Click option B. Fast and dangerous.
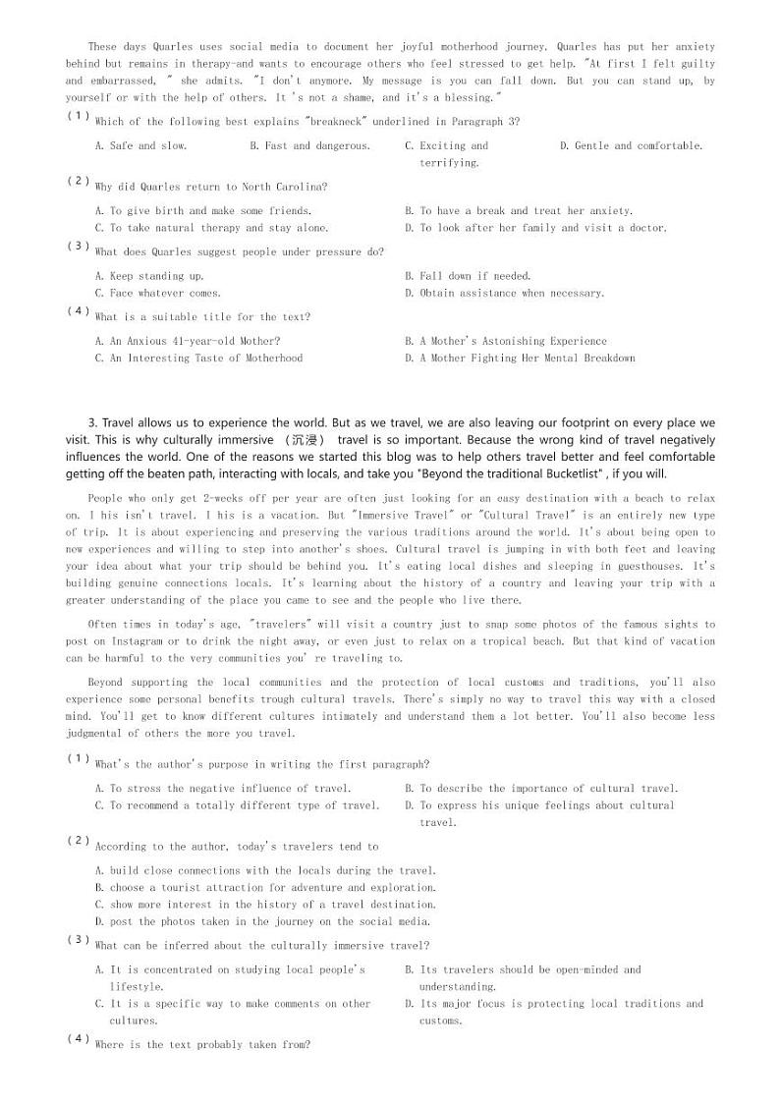click(309, 145)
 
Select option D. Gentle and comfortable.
click(631, 145)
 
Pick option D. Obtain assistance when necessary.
click(504, 293)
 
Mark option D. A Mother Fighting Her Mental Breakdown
click(520, 359)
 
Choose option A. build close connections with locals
click(265, 870)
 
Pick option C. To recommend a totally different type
click(237, 805)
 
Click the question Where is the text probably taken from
click(202, 1045)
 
